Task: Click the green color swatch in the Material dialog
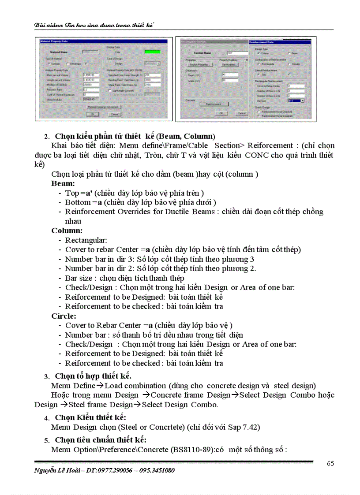pos(153,52)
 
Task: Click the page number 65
pos(330,463)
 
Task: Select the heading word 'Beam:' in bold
pos(63,183)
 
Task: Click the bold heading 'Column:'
pos(67,231)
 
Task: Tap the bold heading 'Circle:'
pos(64,316)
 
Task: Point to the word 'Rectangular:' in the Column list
pos(86,240)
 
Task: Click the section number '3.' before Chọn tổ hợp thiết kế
pos(46,376)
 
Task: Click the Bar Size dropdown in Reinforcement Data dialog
pos(296,100)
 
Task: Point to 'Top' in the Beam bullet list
pos(72,193)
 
